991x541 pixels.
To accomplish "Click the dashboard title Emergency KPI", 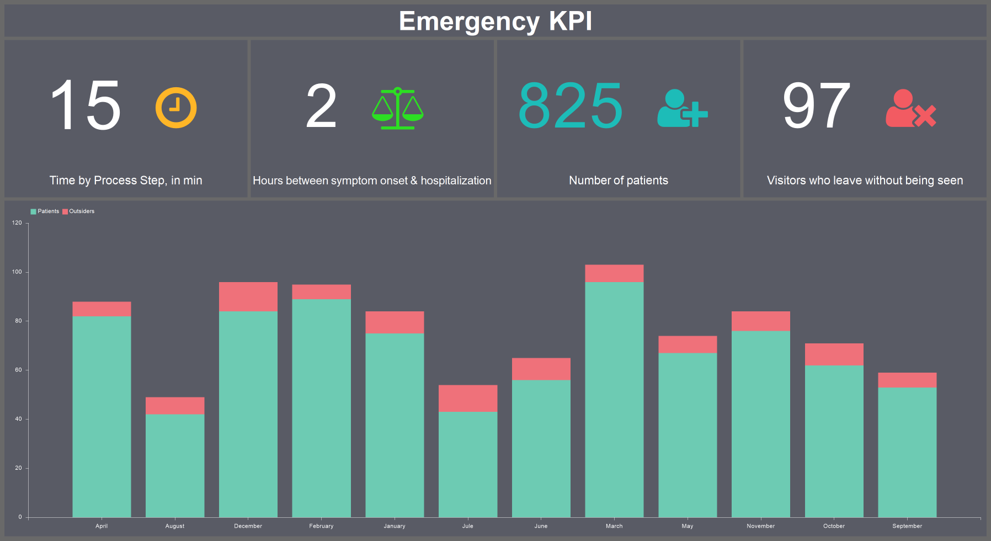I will (495, 22).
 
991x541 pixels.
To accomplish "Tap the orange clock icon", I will (175, 108).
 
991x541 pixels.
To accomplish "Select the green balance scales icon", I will (397, 108).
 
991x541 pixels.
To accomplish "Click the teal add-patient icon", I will (682, 108).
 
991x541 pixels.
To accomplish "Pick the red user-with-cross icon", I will (910, 108).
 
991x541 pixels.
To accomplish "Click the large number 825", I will (571, 105).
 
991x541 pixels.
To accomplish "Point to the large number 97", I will (816, 105).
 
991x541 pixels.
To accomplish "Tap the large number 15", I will (86, 105).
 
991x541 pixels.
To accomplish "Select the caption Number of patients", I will (618, 181).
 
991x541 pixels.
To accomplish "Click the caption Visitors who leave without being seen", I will (865, 181).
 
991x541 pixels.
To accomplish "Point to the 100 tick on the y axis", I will (17, 272).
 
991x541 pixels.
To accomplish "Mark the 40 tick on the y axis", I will (18, 419).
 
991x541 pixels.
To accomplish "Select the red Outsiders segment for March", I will (614, 274).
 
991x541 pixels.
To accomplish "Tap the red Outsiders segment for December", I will (248, 297).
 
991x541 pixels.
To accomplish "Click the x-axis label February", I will (321, 526).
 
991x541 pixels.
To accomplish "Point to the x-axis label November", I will (760, 526).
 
